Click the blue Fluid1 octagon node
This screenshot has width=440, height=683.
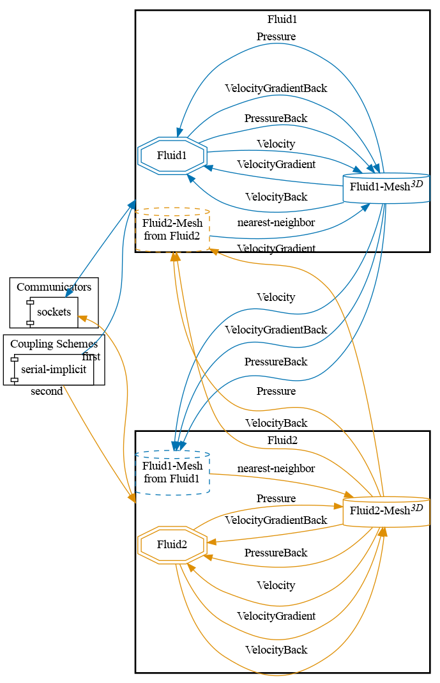(172, 155)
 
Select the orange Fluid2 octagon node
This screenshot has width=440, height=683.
(172, 545)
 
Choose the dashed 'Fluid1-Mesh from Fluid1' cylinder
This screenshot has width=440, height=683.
(172, 473)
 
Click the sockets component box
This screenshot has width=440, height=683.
(54, 312)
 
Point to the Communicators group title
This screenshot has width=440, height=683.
(54, 287)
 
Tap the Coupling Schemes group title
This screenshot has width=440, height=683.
(54, 344)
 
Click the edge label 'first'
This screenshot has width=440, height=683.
(91, 357)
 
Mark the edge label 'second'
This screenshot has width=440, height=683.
(47, 391)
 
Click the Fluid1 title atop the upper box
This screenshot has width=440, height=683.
(282, 19)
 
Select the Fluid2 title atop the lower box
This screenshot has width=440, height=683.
(282, 440)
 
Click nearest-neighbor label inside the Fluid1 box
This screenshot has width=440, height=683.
(276, 222)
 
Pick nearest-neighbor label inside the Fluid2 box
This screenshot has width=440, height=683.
(276, 468)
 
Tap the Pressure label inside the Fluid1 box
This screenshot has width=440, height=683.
(276, 36)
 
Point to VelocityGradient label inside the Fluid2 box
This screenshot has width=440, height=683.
(276, 616)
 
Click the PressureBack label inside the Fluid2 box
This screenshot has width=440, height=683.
(276, 553)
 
